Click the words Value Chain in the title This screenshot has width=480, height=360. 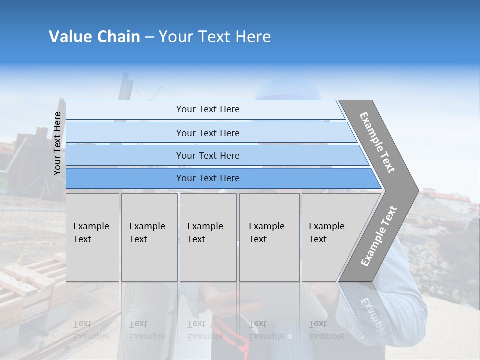tap(94, 37)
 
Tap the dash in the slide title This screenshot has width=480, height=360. tap(149, 37)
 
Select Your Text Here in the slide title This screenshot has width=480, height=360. tap(215, 37)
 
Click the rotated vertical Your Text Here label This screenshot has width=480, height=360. tap(57, 143)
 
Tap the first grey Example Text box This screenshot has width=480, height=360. tap(92, 237)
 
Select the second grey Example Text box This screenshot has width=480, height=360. tap(149, 237)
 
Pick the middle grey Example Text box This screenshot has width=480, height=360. tap(208, 237)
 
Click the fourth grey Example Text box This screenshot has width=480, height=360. tap(269, 237)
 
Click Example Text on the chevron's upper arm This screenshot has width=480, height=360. tap(377, 142)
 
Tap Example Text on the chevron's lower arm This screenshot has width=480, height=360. tap(379, 236)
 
